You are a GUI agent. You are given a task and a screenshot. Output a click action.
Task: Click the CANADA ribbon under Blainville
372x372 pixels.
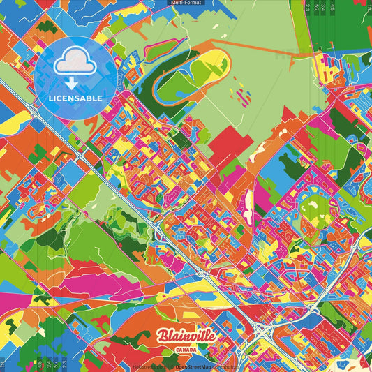coord(186,348)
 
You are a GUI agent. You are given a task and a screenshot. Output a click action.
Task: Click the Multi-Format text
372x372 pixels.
coord(186,3)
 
